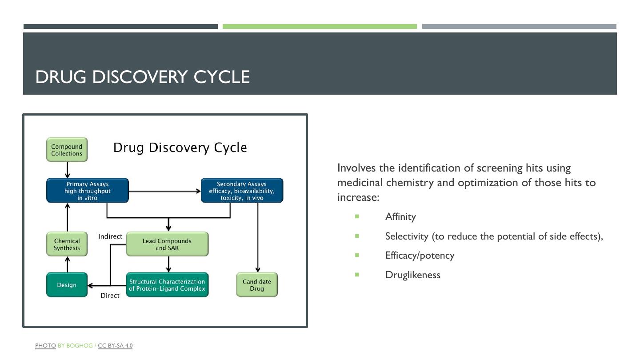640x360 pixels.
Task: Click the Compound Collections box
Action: point(67,150)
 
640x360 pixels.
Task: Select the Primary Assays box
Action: point(88,191)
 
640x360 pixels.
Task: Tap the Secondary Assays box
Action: point(242,191)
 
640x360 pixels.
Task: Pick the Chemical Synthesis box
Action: point(67,244)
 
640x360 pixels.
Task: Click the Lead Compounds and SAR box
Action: point(167,244)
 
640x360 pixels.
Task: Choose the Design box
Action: point(67,285)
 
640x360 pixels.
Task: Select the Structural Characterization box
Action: point(167,285)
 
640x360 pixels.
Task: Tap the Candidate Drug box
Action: point(257,285)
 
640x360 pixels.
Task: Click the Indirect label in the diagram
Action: point(110,236)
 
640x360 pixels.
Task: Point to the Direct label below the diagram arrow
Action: point(110,296)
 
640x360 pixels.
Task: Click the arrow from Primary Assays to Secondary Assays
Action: point(164,191)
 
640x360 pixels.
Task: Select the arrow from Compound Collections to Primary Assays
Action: point(68,170)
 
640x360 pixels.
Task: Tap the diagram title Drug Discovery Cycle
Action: point(180,148)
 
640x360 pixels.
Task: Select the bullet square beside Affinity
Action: point(357,216)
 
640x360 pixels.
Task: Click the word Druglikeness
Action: point(413,275)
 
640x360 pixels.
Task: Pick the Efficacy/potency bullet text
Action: point(420,256)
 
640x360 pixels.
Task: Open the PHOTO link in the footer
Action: point(45,345)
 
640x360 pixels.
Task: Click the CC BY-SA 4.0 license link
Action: point(115,345)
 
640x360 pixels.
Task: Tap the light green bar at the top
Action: point(320,27)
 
